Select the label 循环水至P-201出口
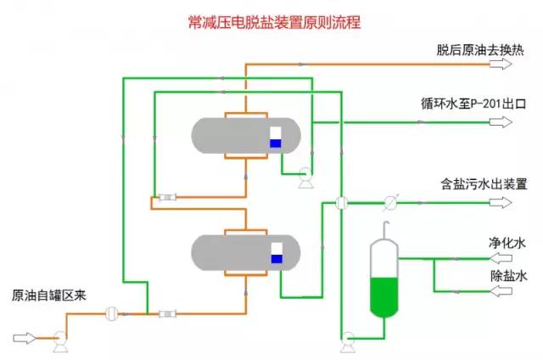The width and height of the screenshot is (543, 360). [x=474, y=105]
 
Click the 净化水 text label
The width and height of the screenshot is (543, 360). [x=508, y=241]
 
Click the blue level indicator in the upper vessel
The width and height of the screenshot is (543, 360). [x=275, y=143]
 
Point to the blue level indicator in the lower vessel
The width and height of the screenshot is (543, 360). [x=277, y=258]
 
